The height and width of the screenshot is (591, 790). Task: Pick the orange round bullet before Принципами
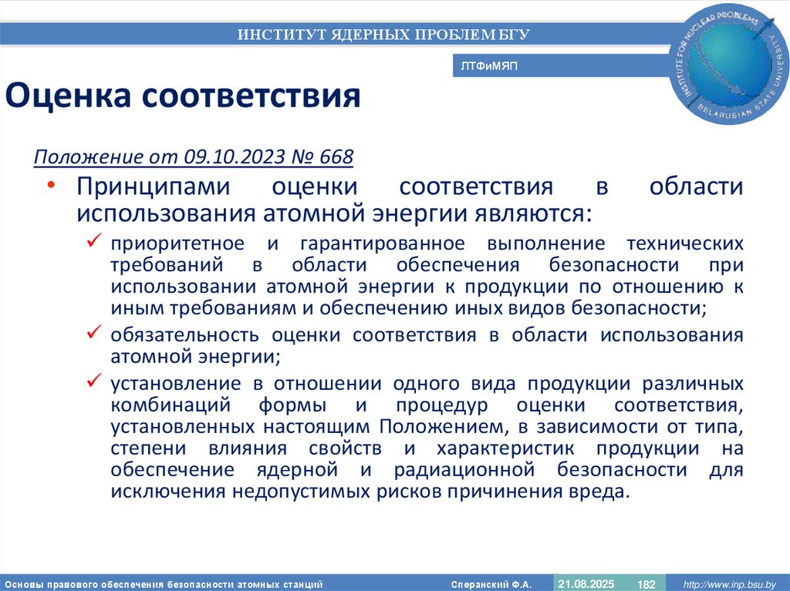tap(51, 186)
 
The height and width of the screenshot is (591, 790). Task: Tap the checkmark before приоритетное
tap(94, 243)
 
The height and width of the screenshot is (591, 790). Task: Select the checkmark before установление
tap(94, 381)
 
